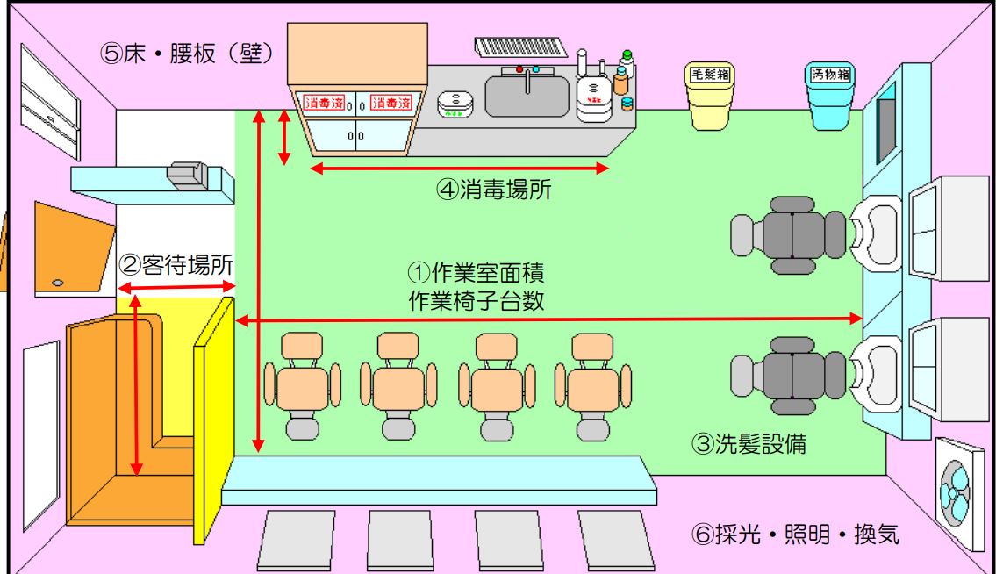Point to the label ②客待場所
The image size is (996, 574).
(x=176, y=263)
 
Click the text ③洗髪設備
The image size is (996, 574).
(x=748, y=445)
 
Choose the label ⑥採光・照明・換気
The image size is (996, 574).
(x=795, y=535)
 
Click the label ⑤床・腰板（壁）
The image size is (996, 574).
(x=189, y=53)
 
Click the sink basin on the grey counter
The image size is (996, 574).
(x=527, y=97)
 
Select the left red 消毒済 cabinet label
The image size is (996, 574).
(x=323, y=103)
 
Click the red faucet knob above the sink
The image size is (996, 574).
(x=519, y=69)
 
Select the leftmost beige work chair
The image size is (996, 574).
(x=302, y=386)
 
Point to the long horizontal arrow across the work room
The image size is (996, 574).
(x=549, y=321)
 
